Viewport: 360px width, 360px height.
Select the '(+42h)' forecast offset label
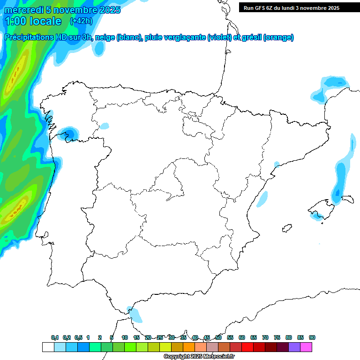[x=81, y=21]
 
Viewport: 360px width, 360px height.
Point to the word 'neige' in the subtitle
[x=105, y=37]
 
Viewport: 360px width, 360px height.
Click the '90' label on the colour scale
[x=312, y=337]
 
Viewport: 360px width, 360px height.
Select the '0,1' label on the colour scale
[x=55, y=337]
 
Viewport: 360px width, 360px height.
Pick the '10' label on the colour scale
[x=125, y=337]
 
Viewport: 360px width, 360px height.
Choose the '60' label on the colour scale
[x=242, y=337]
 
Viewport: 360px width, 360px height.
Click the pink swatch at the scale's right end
[x=306, y=347]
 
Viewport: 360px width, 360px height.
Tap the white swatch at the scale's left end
[x=48, y=347]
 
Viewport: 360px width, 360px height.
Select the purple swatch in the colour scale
[x=294, y=347]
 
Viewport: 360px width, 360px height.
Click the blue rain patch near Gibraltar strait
[x=135, y=314]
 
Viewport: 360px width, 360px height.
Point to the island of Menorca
[x=347, y=198]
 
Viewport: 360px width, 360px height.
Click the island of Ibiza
[x=285, y=228]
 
